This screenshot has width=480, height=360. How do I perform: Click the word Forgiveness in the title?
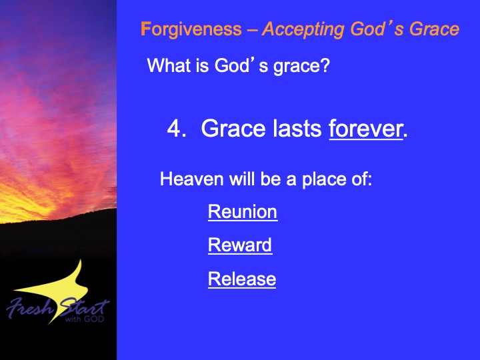(191, 30)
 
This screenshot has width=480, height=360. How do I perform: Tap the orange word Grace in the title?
(434, 29)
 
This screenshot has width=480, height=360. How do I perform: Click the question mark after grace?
(325, 65)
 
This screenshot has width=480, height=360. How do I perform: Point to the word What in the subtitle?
(169, 65)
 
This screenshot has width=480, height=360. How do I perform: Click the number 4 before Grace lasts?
(174, 128)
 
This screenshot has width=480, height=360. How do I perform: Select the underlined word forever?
(366, 129)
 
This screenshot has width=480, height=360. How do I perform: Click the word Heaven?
(191, 179)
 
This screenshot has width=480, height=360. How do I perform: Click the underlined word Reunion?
(243, 212)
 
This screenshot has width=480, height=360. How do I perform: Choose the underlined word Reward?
(240, 245)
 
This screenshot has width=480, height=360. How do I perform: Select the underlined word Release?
(242, 279)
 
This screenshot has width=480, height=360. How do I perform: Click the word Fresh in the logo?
(30, 308)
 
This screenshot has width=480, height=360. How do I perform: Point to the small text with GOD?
(85, 319)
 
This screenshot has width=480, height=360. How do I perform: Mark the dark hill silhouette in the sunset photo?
(58, 233)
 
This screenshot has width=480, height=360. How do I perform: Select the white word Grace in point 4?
(233, 128)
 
